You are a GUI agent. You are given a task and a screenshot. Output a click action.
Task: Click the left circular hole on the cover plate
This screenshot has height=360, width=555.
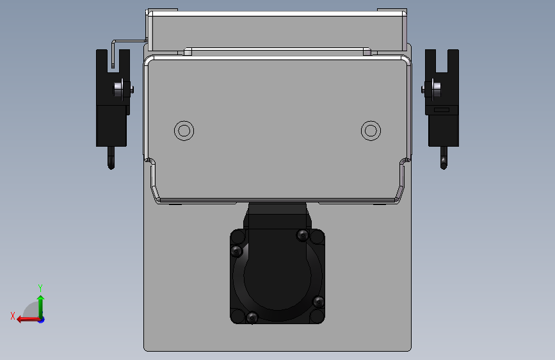click(184, 131)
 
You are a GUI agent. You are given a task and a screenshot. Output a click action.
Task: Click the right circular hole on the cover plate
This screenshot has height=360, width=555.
click(370, 131)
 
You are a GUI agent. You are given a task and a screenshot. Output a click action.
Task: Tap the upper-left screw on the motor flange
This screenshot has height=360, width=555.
click(236, 250)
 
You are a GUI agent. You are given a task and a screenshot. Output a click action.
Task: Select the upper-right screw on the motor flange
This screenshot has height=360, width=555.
click(303, 236)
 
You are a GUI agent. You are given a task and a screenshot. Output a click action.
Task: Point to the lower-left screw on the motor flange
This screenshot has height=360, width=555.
click(252, 317)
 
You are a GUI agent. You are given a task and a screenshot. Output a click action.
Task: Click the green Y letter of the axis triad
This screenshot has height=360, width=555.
click(40, 288)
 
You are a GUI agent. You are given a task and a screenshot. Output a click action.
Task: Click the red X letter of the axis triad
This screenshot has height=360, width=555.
click(13, 315)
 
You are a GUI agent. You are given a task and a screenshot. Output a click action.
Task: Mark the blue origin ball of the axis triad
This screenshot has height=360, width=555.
click(41, 319)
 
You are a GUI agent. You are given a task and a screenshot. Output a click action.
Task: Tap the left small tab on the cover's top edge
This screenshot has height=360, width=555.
click(188, 51)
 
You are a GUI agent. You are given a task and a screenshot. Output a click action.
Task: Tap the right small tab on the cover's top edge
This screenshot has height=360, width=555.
click(367, 51)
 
